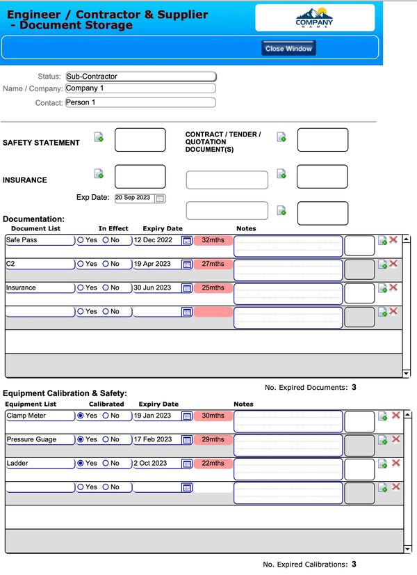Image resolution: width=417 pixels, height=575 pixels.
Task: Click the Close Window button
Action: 288,49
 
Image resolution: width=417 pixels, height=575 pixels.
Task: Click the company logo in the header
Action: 314,17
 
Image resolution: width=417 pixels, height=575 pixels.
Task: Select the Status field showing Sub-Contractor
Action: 140,76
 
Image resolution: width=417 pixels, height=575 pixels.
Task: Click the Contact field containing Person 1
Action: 140,102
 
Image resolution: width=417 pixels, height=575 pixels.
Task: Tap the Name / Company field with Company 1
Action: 140,88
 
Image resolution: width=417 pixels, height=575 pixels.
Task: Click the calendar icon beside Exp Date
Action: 160,198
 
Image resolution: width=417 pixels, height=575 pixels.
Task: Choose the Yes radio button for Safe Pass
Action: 81,240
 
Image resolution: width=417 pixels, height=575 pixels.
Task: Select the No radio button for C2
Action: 106,264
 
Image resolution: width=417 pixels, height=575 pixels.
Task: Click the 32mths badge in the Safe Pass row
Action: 213,240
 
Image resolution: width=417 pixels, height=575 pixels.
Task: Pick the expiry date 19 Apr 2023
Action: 156,264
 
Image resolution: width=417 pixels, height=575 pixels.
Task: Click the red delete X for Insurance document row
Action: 393,287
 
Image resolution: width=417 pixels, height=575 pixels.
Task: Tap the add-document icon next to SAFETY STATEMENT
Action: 99,136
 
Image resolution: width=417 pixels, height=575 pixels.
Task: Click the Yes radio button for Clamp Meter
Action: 81,416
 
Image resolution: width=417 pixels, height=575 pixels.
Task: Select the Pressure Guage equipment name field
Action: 40,440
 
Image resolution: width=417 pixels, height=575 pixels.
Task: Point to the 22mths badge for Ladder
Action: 213,464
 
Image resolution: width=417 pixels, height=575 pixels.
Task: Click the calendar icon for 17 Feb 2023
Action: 186,440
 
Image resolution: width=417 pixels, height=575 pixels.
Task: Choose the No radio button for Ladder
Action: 106,464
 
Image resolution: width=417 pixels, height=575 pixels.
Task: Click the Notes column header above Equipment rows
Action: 243,404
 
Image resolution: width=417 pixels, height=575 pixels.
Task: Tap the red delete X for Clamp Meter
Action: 395,415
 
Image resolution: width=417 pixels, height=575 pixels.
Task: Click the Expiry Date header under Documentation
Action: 163,228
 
